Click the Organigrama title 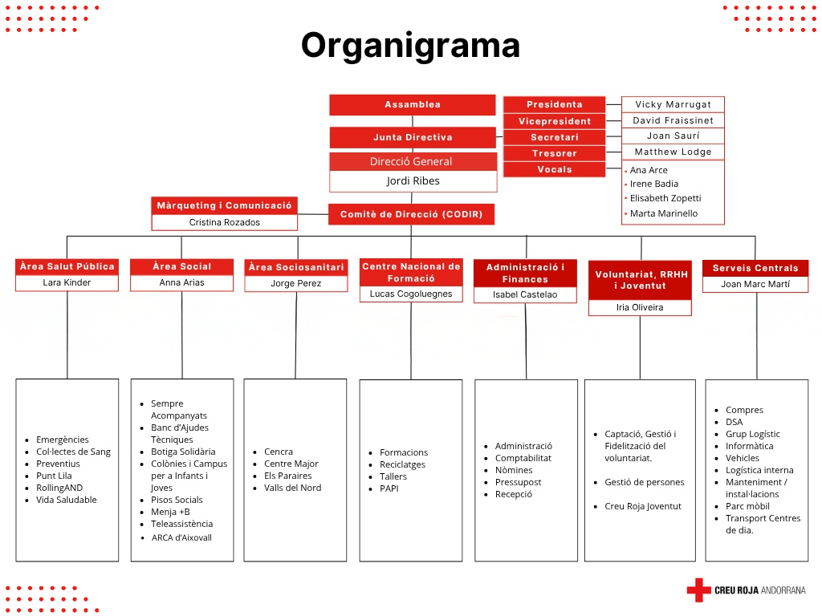point(410,45)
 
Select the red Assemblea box point(412,105)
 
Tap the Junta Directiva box point(412,137)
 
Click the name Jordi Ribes point(413,181)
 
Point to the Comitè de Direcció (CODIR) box point(411,214)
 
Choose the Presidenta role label point(554,104)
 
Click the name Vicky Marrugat point(673,104)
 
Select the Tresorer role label point(554,153)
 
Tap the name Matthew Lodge point(673,152)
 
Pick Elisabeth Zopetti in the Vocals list point(665,198)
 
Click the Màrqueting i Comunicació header point(224,205)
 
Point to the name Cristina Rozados point(224,222)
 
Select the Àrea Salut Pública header point(67,266)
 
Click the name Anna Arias point(181,282)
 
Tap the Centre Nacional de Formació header point(411,272)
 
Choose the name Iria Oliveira point(640,307)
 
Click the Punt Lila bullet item point(54,476)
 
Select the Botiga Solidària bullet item point(183,452)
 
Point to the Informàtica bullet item point(749,446)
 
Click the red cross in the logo point(698,590)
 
